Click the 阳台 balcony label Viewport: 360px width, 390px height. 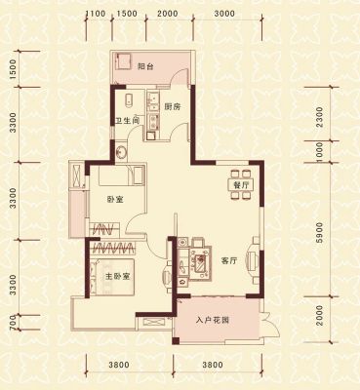pyautogui.click(x=145, y=67)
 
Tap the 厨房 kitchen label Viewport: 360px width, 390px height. pyautogui.click(x=172, y=107)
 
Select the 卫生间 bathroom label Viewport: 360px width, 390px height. pyautogui.click(x=128, y=121)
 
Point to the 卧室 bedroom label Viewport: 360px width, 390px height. pyautogui.click(x=115, y=200)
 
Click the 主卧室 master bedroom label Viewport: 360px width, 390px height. pyautogui.click(x=118, y=277)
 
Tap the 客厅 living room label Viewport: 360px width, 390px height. pyautogui.click(x=229, y=261)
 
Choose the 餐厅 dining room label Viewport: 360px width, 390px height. pyautogui.click(x=241, y=186)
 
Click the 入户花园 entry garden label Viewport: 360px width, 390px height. pyautogui.click(x=213, y=321)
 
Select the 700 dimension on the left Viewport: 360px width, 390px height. pyautogui.click(x=13, y=325)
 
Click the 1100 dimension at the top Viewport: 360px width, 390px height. pyautogui.click(x=96, y=14)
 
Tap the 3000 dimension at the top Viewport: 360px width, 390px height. pyautogui.click(x=224, y=14)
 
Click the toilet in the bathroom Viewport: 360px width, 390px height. pyautogui.click(x=129, y=100)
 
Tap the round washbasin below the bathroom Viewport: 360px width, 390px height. pyautogui.click(x=121, y=152)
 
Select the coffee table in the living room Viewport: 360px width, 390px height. pyautogui.click(x=199, y=262)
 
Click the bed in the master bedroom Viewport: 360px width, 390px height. pyautogui.click(x=112, y=277)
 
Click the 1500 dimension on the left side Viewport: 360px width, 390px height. pyautogui.click(x=13, y=69)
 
